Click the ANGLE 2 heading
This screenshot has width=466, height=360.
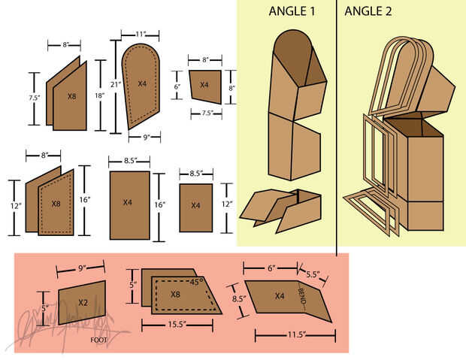(x=369, y=11)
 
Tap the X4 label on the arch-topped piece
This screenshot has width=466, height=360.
(x=142, y=83)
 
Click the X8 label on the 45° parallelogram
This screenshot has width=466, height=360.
(x=175, y=294)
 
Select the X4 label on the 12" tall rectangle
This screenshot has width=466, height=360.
(x=195, y=205)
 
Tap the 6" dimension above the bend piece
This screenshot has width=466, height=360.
(x=271, y=268)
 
